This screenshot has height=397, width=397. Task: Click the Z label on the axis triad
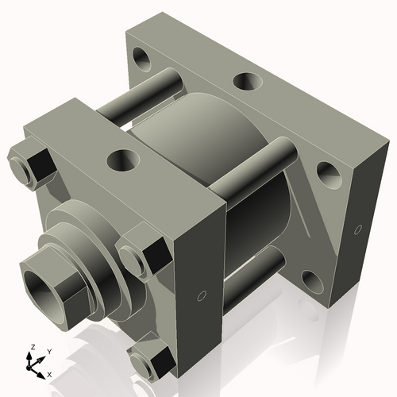tap(32, 347)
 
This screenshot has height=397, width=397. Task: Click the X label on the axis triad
tap(49, 373)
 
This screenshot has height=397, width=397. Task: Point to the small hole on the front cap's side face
tap(202, 297)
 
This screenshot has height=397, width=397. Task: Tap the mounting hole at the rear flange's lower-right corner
tap(310, 279)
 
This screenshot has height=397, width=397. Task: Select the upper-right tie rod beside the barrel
tap(254, 171)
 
